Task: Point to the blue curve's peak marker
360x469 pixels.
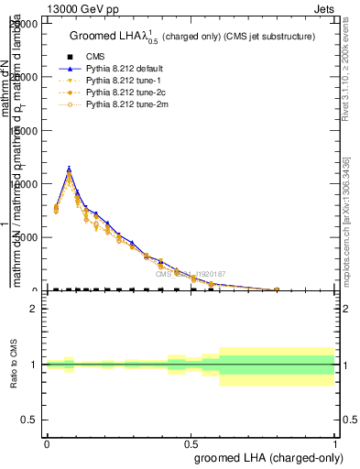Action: pos(69,169)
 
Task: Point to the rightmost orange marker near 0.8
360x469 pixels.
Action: pos(277,289)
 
